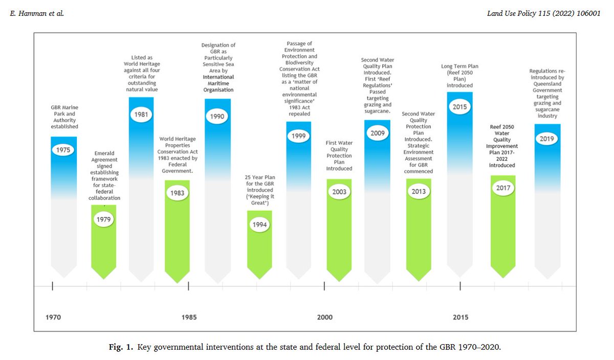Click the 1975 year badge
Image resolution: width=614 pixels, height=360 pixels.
point(63,150)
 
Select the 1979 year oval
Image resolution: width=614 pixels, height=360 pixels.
point(104,219)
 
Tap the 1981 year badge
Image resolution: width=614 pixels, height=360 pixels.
point(141,114)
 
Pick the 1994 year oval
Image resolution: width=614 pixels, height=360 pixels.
point(259,225)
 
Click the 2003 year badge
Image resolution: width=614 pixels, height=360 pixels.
point(339,192)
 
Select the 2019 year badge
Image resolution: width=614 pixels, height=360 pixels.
point(547,139)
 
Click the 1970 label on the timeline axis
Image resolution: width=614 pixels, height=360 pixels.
point(53,317)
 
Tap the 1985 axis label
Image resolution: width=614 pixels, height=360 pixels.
point(188,317)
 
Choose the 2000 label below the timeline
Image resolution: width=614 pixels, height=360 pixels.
point(324,317)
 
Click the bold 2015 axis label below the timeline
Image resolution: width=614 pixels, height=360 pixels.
point(460,317)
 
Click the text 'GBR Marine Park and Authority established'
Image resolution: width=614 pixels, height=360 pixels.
point(64,117)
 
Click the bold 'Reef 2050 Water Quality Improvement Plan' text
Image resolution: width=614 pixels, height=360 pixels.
point(502,145)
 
